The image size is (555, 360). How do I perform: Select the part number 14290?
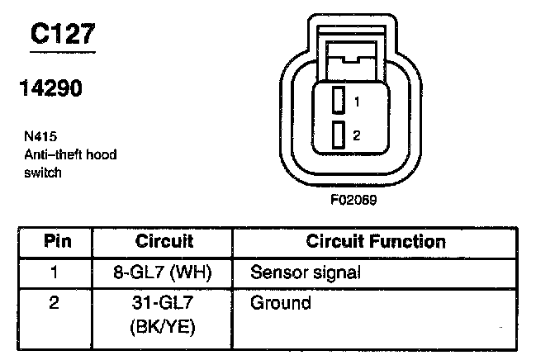tap(51, 88)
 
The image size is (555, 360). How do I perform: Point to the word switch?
tap(42, 173)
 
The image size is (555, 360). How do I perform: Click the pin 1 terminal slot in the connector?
tap(338, 102)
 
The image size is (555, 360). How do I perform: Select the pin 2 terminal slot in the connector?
tap(338, 135)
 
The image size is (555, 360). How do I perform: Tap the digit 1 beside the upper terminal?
tap(356, 102)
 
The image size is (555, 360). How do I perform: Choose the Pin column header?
tap(57, 242)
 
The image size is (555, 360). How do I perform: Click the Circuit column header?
tap(164, 242)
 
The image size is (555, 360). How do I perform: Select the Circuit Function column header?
tap(376, 242)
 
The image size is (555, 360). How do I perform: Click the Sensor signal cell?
tap(306, 272)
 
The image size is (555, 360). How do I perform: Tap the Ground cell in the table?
tap(280, 303)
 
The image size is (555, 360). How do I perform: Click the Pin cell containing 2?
tap(55, 303)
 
